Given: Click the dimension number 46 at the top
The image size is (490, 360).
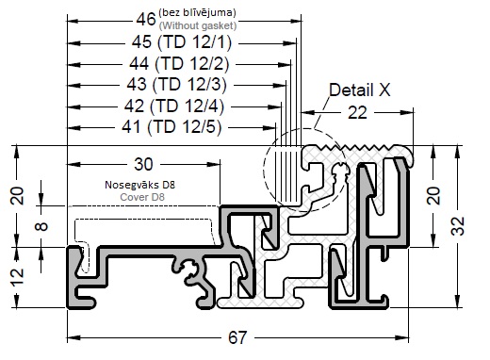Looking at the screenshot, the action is point(146,20).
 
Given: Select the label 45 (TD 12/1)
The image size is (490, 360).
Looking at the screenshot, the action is point(182,42).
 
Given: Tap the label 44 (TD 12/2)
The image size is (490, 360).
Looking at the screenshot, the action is point(179,64).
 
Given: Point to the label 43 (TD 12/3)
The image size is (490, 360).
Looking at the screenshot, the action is point(177,85).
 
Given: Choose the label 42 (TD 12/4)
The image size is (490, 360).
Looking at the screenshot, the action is point(174,106).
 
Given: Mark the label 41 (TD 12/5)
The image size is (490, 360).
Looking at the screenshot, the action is point(171,127).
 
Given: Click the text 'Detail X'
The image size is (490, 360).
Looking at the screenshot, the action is point(360,90).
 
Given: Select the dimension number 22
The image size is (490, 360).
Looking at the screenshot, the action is point(357,113).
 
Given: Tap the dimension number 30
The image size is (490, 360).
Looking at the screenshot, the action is point(143,164).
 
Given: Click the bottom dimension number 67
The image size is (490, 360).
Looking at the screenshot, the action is point(237,338).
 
